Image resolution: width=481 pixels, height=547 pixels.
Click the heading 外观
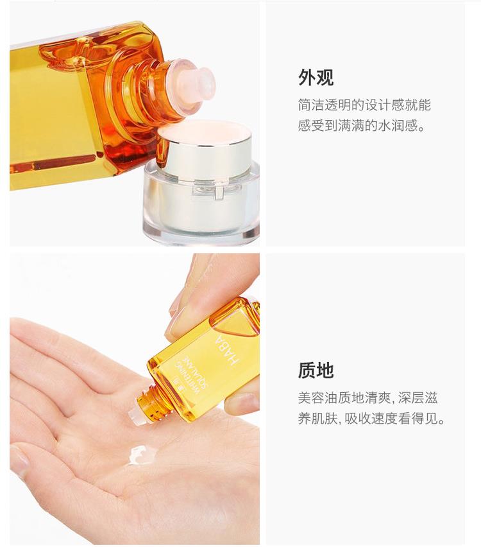316,78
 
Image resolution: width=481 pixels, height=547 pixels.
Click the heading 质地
316,370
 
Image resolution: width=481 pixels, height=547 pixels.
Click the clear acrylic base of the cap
202,206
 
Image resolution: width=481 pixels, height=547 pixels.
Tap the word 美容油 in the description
317,398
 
